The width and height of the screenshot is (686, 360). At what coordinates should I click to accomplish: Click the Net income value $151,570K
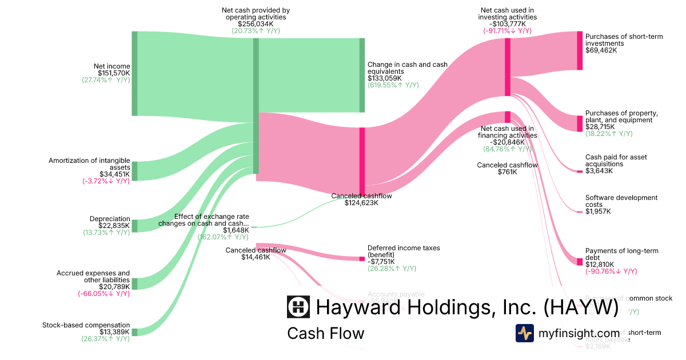114,73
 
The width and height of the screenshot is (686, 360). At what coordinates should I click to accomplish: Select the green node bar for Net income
135,73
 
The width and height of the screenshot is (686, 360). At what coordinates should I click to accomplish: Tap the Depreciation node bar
135,226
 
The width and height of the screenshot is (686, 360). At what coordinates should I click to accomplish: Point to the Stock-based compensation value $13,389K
114,332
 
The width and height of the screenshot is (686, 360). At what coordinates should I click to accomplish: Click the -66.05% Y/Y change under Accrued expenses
104,294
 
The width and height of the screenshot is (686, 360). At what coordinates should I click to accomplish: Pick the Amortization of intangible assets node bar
135,171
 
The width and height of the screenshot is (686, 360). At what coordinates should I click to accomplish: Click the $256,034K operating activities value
256,24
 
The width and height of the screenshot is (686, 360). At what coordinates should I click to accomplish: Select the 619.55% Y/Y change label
393,85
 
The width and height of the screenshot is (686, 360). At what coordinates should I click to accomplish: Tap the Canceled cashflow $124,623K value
361,202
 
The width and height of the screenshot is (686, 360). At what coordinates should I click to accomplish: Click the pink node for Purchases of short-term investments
579,51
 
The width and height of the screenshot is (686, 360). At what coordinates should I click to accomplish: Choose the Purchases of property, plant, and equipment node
579,123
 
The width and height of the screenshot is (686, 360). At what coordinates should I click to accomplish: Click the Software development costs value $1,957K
598,211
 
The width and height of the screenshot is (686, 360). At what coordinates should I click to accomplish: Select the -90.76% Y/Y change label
611,271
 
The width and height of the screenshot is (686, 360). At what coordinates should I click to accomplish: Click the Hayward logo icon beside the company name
298,307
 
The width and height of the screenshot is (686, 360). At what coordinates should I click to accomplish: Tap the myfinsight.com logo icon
525,333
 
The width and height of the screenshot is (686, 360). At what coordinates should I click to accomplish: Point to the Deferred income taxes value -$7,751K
381,262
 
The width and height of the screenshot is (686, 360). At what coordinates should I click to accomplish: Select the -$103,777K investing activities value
507,24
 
